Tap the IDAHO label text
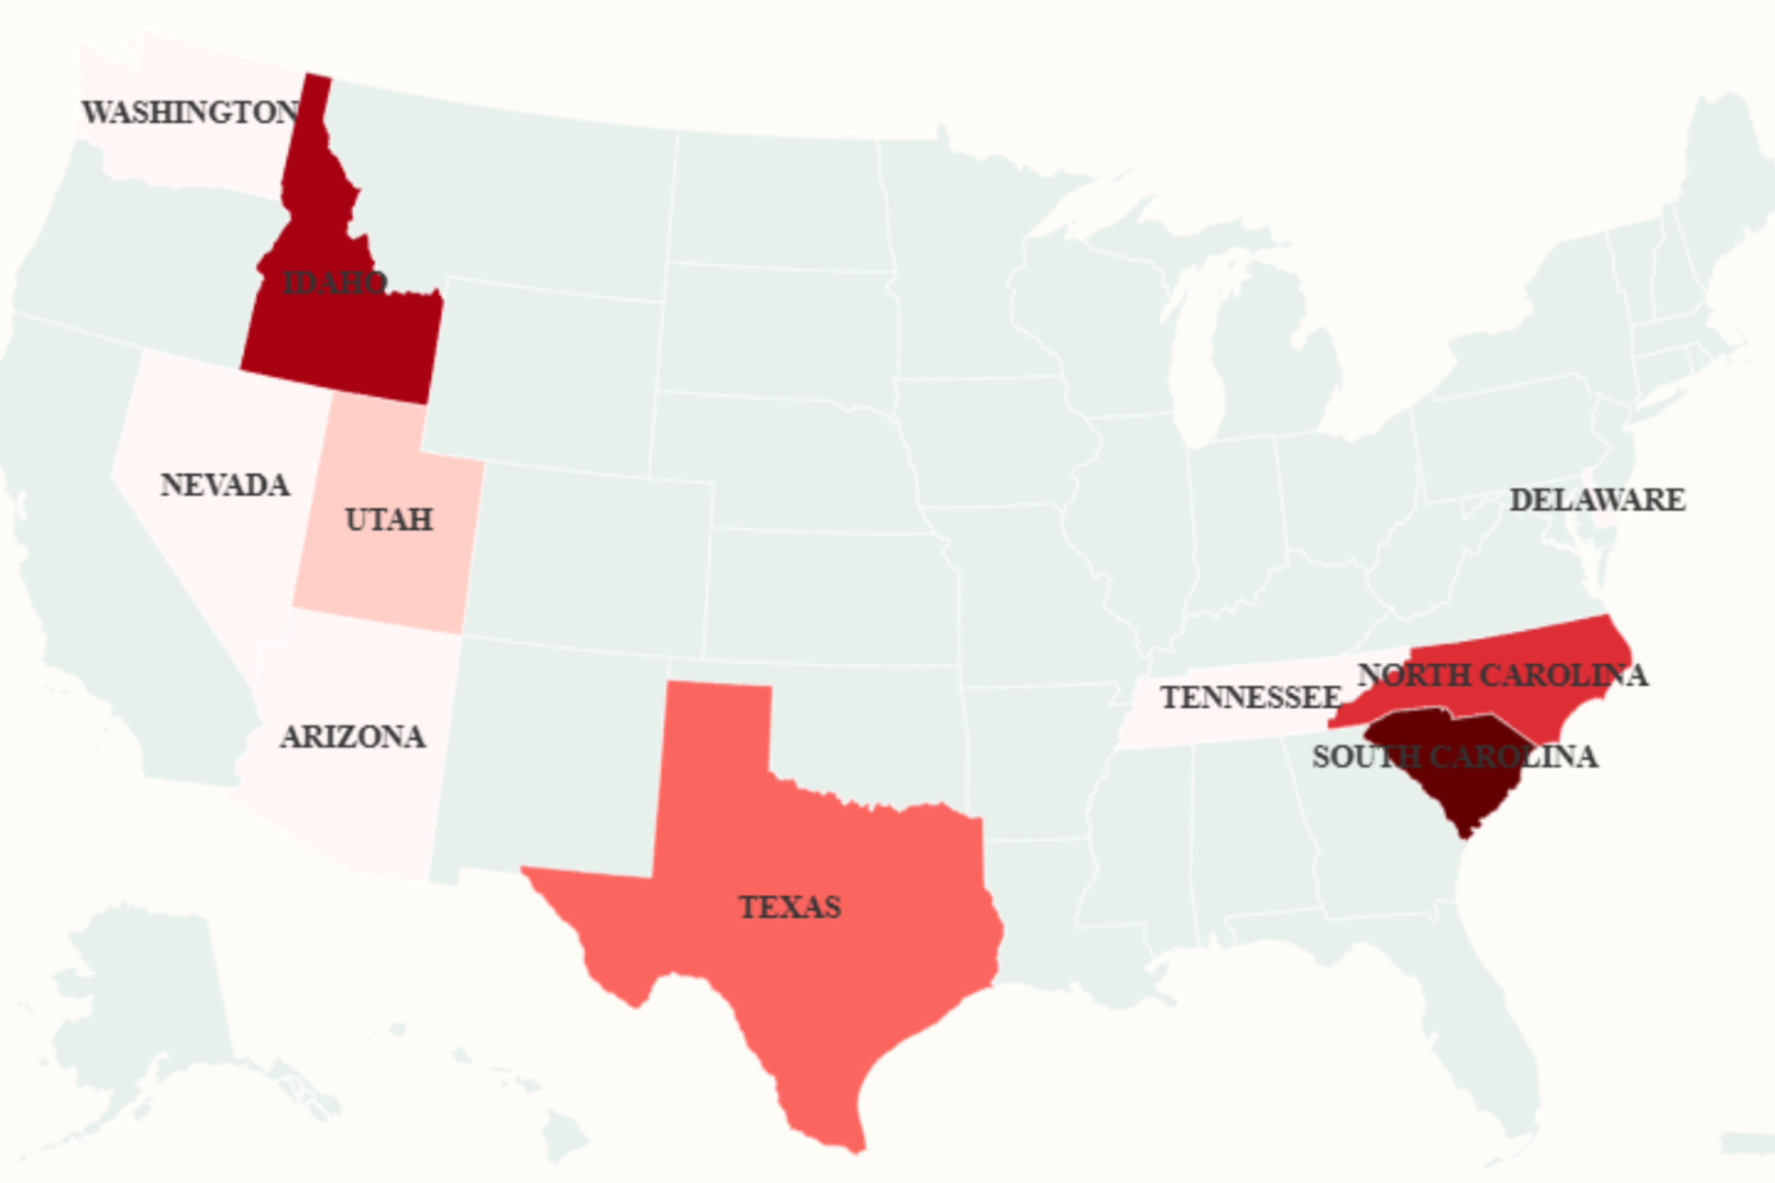tap(334, 283)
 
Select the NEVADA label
tap(225, 485)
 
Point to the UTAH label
tap(389, 520)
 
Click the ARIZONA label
tap(353, 737)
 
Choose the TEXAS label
tap(789, 907)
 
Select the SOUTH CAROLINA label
tap(1454, 757)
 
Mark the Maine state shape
tap(1728, 173)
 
